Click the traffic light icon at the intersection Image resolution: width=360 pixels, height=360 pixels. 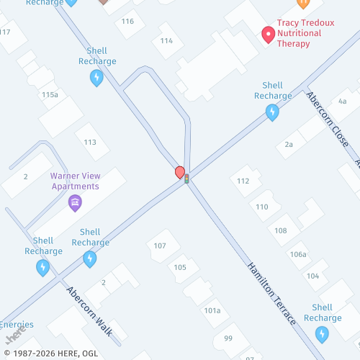(186, 179)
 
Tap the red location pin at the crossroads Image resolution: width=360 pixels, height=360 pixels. (180, 172)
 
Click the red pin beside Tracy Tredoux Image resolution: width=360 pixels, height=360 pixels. (268, 34)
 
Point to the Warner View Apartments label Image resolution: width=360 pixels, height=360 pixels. (75, 181)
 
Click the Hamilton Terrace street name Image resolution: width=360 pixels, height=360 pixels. (271, 293)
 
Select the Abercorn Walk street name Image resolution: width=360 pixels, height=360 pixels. (89, 311)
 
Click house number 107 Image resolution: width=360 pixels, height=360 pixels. (160, 246)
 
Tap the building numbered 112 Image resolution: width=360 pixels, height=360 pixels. (243, 181)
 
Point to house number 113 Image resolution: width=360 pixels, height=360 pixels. (90, 142)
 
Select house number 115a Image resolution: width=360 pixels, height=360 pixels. (50, 94)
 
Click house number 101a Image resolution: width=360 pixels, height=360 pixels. (212, 310)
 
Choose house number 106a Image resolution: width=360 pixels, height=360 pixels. (298, 254)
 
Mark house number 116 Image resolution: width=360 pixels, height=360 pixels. (127, 21)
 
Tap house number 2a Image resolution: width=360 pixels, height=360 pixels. (289, 144)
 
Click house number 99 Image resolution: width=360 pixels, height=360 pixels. (228, 338)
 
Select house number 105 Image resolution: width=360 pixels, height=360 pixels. (180, 267)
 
